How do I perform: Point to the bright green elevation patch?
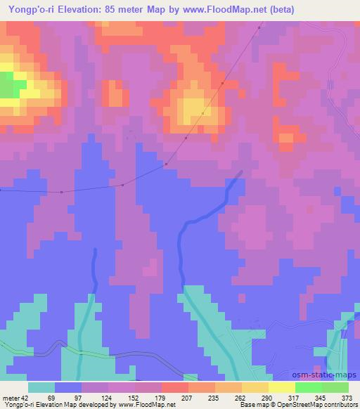[9, 86]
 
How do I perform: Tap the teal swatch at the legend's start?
[41, 388]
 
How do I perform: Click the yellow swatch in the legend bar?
[281, 388]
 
